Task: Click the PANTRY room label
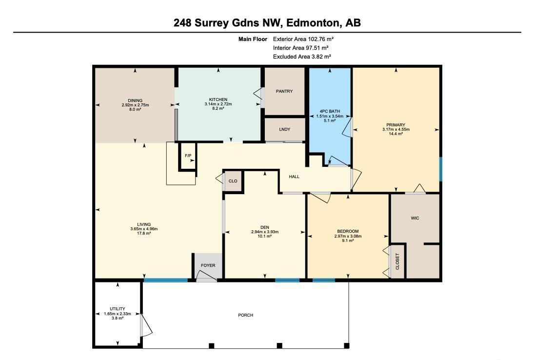284,91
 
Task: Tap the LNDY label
285,129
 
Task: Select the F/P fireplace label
188,156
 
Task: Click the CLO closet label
233,181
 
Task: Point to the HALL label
294,177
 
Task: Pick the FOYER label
208,265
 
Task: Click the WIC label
415,218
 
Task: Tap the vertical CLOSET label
397,261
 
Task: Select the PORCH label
245,315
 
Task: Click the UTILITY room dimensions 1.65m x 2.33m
117,313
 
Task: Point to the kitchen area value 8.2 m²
218,108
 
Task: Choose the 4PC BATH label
330,112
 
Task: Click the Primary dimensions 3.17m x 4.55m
396,129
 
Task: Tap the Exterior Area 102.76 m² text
303,39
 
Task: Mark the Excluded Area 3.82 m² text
302,57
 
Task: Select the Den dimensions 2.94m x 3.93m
264,232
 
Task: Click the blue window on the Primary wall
440,169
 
